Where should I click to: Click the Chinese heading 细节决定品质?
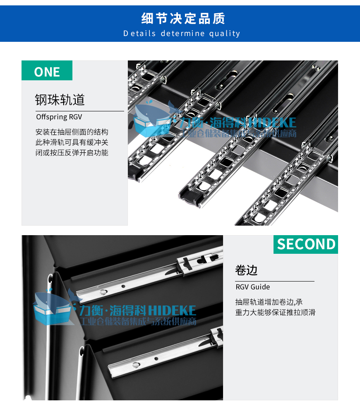pos(183,19)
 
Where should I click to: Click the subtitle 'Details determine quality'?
pos(182,34)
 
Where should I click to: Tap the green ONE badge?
pos(47,71)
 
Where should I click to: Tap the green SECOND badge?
pos(306,244)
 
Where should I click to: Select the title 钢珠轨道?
pos(60,100)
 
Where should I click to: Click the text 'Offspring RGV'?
pos(59,117)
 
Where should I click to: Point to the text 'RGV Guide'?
pos(252,287)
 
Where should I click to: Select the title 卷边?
pos(246,270)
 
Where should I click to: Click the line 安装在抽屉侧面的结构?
pos(72,132)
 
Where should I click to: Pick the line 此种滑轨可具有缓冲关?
pos(72,142)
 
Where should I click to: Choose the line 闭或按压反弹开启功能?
pos(72,153)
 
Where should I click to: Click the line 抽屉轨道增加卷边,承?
pos(269,302)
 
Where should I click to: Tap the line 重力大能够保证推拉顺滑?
pos(275,313)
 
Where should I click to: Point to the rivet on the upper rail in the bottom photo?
pos(102,291)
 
